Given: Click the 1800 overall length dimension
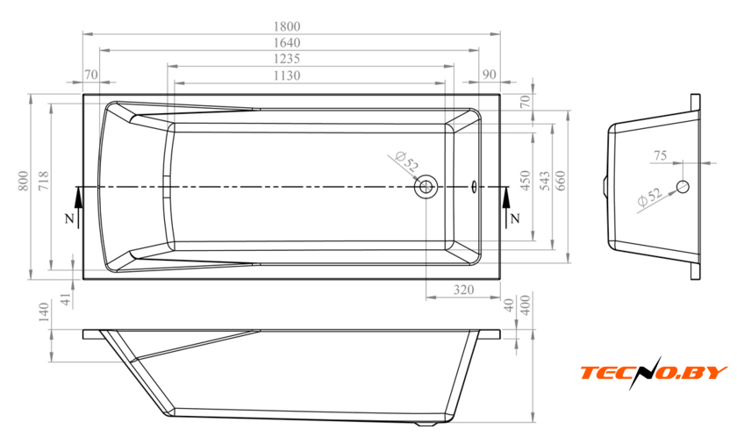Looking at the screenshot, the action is coord(287,26).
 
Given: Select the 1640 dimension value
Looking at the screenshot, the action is coord(287,43).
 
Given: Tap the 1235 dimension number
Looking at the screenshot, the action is coord(287,59).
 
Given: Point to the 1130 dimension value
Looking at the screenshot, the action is coord(287,75).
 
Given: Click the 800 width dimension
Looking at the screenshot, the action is coord(23,181).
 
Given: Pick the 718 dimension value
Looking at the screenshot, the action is coord(43,181).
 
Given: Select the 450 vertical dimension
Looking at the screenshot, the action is coord(525,181).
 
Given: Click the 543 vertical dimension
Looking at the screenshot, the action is coord(544,181).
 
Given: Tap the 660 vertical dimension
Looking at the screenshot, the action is coord(561,181).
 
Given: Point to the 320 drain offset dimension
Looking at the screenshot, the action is coord(463,290).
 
